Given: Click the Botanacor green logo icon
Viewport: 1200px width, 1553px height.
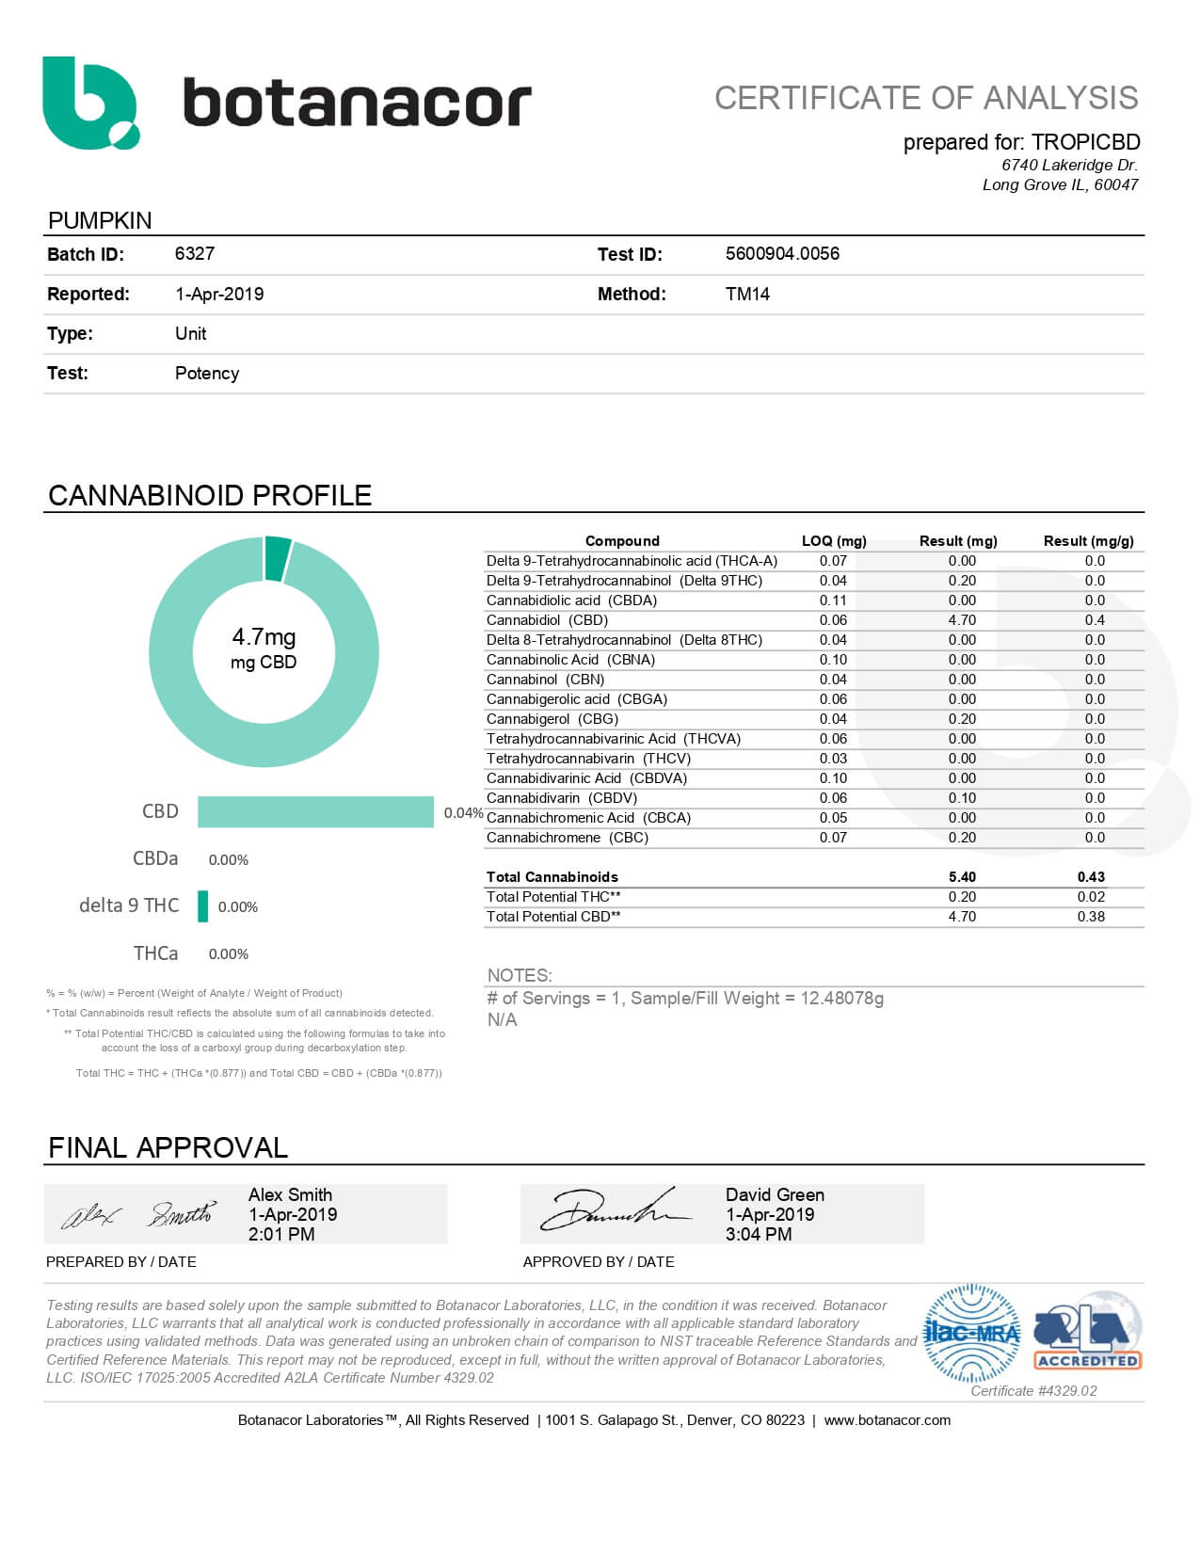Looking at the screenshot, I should coord(89,103).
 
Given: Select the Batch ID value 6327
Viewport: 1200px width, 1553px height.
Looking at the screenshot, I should coord(195,254).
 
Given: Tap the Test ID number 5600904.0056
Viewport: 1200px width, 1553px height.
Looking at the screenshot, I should coord(782,254).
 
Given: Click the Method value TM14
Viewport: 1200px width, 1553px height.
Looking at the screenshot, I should coord(747,294).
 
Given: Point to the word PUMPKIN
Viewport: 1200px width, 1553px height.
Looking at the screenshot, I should coord(100,220).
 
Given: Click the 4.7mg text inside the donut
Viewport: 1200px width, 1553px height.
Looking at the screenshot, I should coord(264,637).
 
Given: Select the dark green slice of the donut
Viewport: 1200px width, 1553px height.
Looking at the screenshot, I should coord(278,558).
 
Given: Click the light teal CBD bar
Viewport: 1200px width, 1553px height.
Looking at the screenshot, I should coord(315,811).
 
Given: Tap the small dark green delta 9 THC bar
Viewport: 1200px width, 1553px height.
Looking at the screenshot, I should coord(202,906).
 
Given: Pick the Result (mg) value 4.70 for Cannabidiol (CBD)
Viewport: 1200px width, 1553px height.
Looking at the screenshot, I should coord(962,620).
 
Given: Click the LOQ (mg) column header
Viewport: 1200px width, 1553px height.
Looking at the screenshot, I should coord(833,541).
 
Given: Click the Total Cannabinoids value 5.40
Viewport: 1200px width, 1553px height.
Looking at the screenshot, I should coord(962,877).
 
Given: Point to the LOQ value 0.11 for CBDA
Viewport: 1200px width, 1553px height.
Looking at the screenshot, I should coord(833,600).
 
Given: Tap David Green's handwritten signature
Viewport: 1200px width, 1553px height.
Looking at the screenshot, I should coord(612,1212).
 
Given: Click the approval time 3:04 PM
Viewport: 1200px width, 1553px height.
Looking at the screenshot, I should coord(759,1234).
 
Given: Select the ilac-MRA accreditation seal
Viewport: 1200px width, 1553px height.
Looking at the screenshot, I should coord(972,1333).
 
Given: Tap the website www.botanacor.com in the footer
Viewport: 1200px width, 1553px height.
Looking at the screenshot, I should coord(887,1420).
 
